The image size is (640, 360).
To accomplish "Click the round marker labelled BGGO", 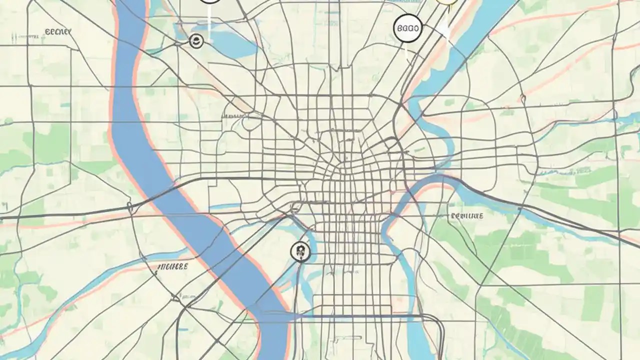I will tap(408, 28).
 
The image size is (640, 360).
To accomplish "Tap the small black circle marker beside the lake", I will tap(196, 41).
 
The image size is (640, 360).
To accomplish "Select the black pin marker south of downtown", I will tap(300, 251).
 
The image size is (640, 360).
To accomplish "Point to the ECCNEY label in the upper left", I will tap(58, 32).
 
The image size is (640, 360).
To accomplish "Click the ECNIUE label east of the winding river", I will tap(467, 216).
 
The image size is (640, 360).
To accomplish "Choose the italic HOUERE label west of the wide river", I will tap(172, 267).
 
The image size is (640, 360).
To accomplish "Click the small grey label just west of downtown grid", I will tap(231, 115).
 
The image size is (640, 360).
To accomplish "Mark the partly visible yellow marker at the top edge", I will tap(446, 2).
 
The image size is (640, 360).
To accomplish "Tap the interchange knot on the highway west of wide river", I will tap(129, 206).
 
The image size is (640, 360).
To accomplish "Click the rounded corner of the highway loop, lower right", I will tap(440, 322).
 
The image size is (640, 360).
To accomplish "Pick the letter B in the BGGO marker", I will tap(399, 28).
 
